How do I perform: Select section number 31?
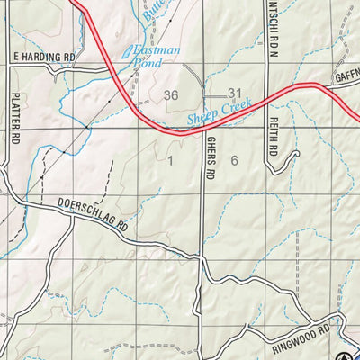pos(236,94)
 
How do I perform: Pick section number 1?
pos(168,161)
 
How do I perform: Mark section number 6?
pos(234,161)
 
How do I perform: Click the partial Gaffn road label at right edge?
pos(346,78)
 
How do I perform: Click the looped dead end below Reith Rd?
pos(292,158)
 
